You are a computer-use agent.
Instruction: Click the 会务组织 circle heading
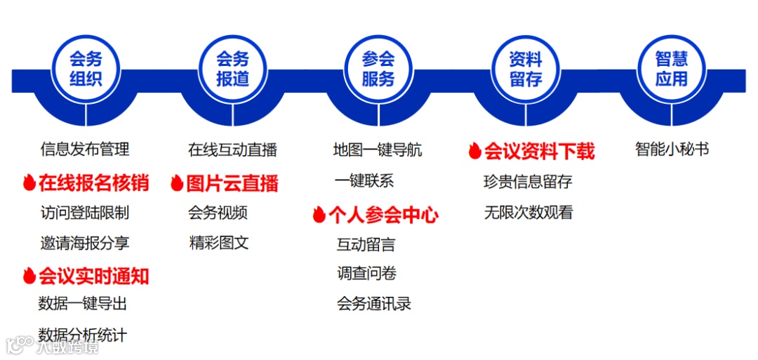pos(86,69)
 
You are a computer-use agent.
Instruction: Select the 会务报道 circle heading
pos(232,69)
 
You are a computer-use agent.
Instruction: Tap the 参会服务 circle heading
pos(378,69)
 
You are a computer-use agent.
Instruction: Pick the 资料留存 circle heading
pos(526,69)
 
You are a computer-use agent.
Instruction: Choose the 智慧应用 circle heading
pos(671,69)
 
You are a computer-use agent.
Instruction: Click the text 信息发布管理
pos(85,149)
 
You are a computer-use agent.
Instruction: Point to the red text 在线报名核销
pos(93,183)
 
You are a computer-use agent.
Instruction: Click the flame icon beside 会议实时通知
pos(29,276)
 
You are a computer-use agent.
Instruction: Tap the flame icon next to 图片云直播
pos(176,184)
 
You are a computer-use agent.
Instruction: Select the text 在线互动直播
pos(232,149)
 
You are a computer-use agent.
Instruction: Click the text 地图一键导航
pos(378,149)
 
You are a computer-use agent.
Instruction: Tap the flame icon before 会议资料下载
pos(474,151)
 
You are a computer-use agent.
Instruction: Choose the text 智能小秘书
pos(672,149)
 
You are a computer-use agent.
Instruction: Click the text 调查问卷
pos(366,274)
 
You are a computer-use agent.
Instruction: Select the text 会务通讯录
pos(373,304)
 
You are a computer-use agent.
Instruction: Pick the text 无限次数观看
pos(528,213)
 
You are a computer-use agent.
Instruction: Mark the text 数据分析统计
pos(83,335)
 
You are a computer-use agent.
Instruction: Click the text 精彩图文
pos(219,244)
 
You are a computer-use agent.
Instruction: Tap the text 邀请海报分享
pos(85,244)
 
